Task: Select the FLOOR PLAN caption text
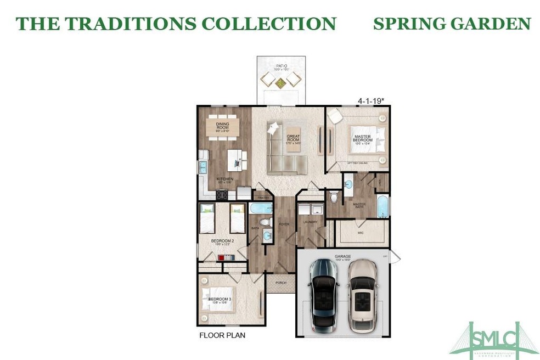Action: click(222, 334)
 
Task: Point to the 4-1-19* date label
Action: click(370, 101)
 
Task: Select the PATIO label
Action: click(282, 66)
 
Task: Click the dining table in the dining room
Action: click(223, 127)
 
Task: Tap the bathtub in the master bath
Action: click(382, 205)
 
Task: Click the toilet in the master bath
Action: click(334, 197)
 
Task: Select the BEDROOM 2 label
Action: click(222, 240)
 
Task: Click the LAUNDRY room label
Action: click(310, 222)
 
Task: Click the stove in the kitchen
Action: click(222, 193)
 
